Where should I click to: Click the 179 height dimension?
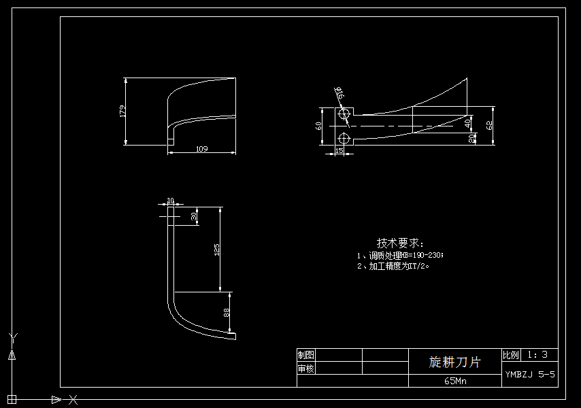(122, 111)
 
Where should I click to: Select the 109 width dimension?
(201, 149)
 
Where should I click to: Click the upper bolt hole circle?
(344, 114)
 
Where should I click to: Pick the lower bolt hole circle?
(344, 139)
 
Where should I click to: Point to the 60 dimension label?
(318, 126)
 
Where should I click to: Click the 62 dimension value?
(488, 126)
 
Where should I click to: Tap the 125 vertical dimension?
(217, 250)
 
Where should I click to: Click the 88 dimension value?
(227, 313)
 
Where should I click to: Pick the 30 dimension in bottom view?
(194, 216)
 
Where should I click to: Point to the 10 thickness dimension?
(170, 201)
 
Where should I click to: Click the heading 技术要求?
(400, 243)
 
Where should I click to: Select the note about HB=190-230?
(400, 256)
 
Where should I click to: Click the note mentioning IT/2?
(394, 267)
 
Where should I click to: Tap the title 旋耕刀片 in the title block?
(454, 362)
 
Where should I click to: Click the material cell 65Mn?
(455, 381)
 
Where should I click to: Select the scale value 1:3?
(537, 354)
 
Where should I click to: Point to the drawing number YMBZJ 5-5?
(530, 374)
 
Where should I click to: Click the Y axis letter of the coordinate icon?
(12, 336)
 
